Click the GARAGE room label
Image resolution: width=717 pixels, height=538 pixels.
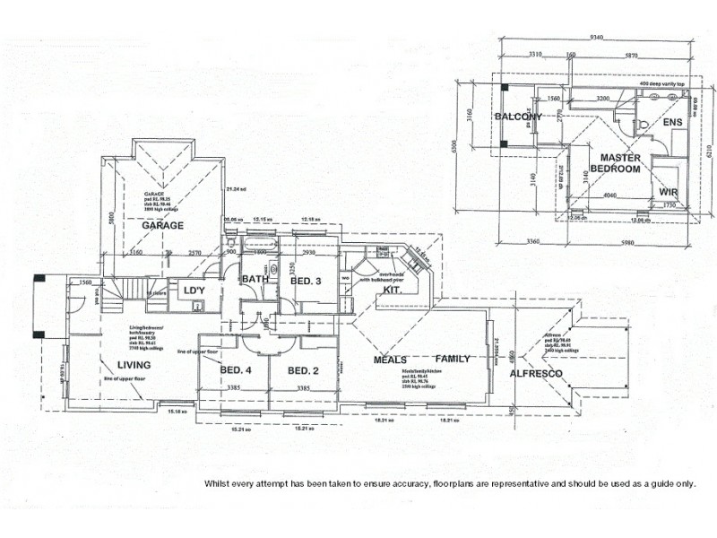click(162, 226)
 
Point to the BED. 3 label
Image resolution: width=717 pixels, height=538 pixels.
click(306, 282)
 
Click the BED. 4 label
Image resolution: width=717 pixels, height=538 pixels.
click(234, 370)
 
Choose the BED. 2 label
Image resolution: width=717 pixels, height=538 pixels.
click(304, 370)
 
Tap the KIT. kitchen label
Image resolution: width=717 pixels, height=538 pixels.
click(392, 291)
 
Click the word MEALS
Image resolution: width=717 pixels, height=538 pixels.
click(391, 360)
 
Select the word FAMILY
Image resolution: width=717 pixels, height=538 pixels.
click(453, 360)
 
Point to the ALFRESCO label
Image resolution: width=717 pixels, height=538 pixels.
click(535, 373)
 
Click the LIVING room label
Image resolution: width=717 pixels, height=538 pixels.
click(134, 364)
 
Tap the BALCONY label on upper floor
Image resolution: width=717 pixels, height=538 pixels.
click(518, 117)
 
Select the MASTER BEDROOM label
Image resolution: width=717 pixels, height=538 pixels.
click(615, 163)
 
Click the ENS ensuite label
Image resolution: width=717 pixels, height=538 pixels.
click(672, 122)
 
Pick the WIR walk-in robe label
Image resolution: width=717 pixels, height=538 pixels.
click(668, 192)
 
